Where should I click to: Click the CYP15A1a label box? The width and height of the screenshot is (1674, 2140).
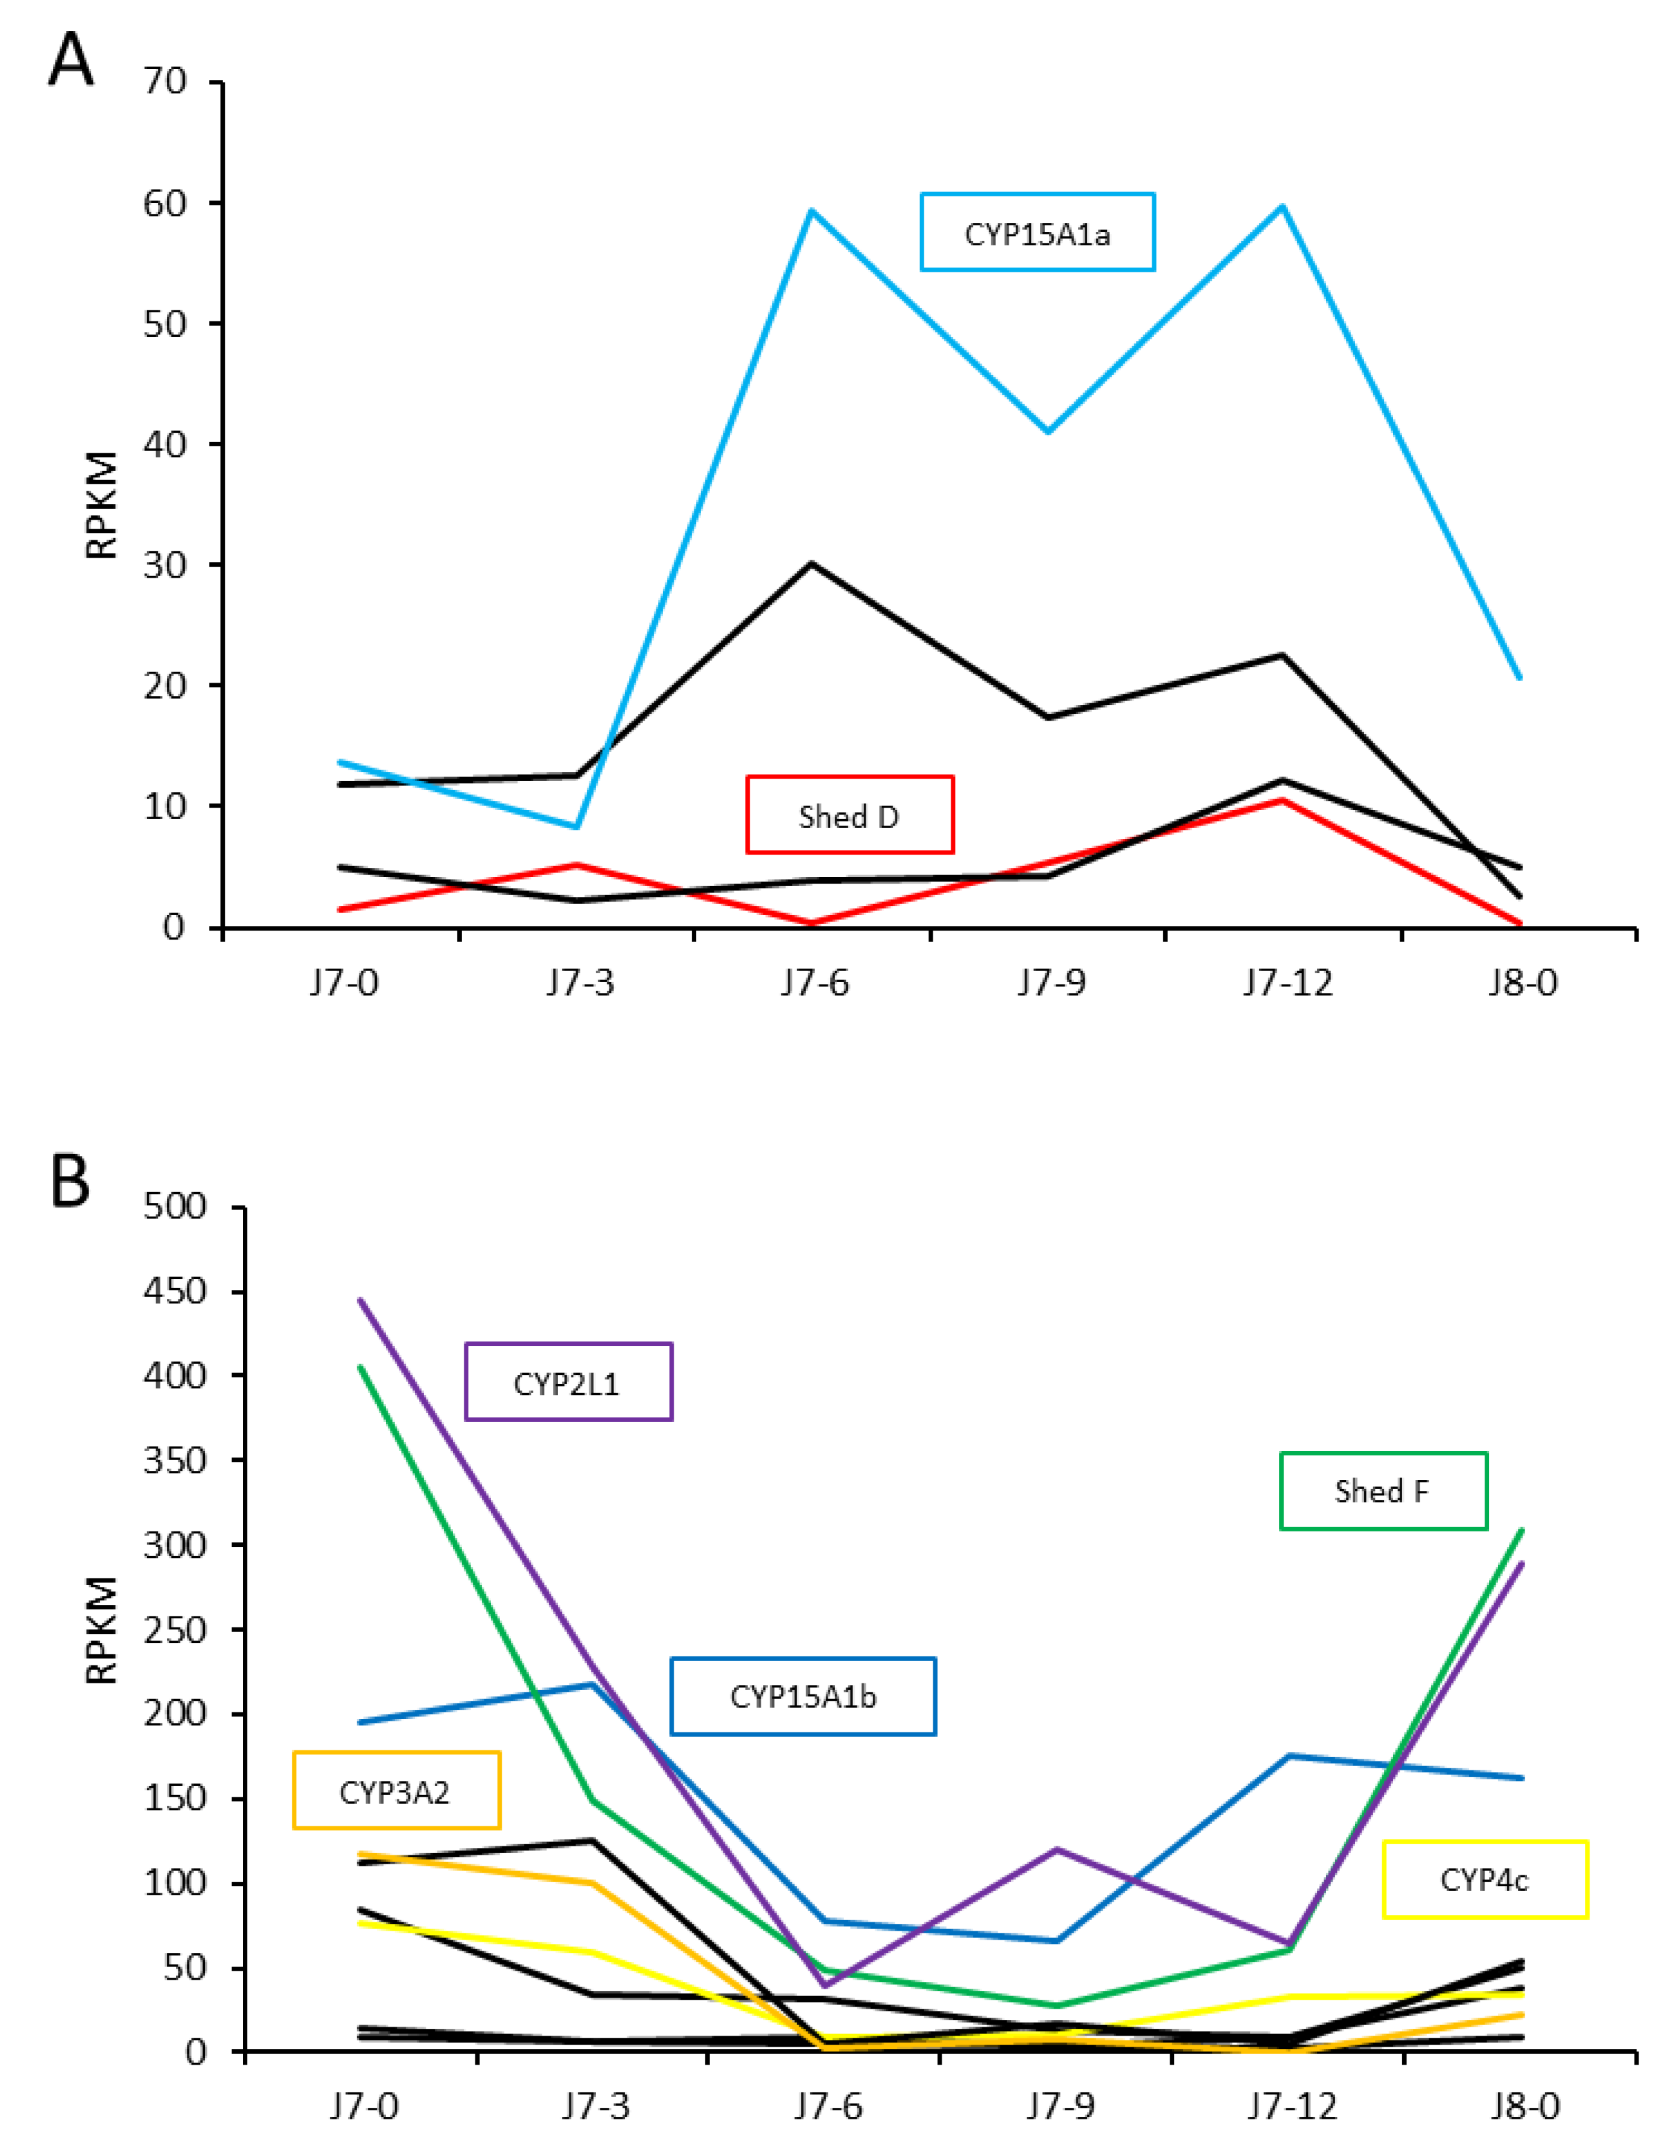(x=1037, y=232)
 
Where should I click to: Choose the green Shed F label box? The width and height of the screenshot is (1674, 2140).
(x=1383, y=1490)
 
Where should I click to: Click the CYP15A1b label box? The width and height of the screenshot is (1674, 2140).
(x=803, y=1696)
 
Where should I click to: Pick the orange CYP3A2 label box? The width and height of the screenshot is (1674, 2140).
(x=396, y=1792)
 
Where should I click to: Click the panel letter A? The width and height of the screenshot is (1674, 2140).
(x=71, y=61)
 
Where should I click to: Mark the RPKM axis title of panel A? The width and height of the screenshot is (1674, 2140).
(x=102, y=505)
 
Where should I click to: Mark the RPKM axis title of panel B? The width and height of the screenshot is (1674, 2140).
(x=102, y=1631)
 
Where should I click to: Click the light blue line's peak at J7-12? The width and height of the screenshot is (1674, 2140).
(x=1282, y=207)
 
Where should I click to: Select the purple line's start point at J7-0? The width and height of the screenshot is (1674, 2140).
(x=361, y=1300)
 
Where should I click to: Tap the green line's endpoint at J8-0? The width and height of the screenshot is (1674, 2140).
(x=1520, y=1529)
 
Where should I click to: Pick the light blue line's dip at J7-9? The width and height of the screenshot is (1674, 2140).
(x=1049, y=431)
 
